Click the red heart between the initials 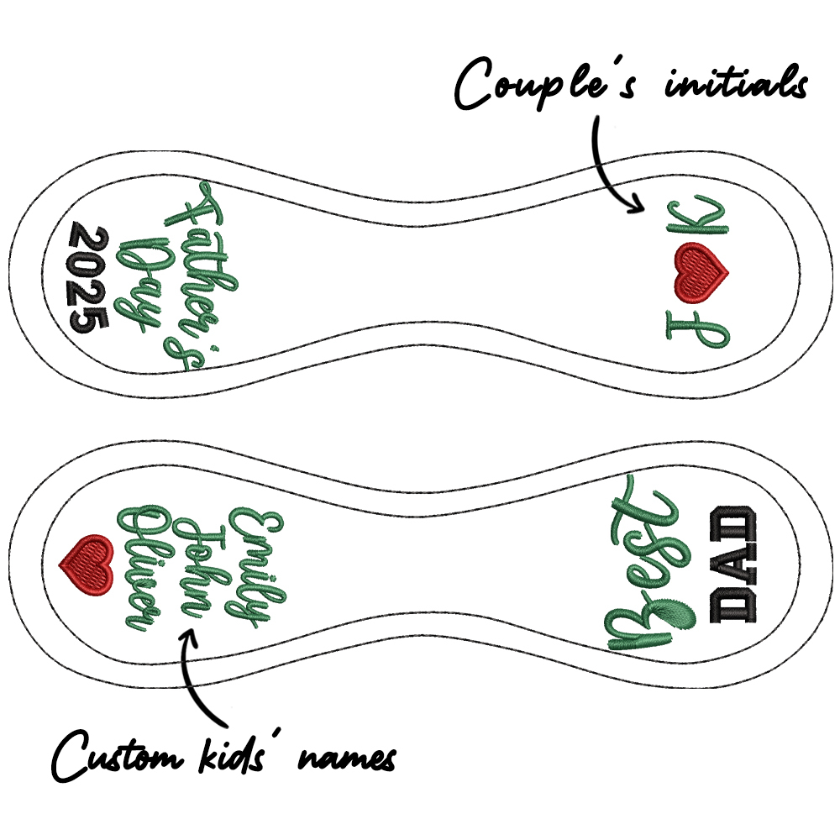click(x=702, y=271)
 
